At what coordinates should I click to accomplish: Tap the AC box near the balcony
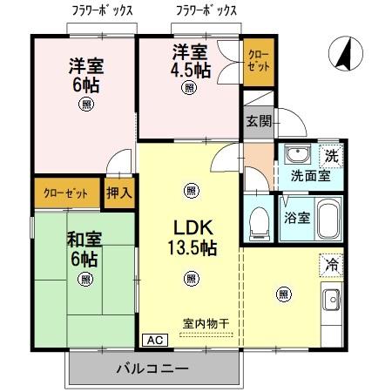pyautogui.click(x=152, y=340)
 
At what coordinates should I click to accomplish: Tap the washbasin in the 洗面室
pyautogui.click(x=297, y=156)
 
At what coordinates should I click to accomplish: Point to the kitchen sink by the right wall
pyautogui.click(x=332, y=303)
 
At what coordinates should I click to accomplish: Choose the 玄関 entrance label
pyautogui.click(x=257, y=120)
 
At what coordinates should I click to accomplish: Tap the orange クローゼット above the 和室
pyautogui.click(x=67, y=192)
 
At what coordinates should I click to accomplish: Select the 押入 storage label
pyautogui.click(x=118, y=193)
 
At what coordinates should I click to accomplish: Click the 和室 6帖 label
pyautogui.click(x=84, y=247)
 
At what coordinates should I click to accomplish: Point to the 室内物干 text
pyautogui.click(x=206, y=324)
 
